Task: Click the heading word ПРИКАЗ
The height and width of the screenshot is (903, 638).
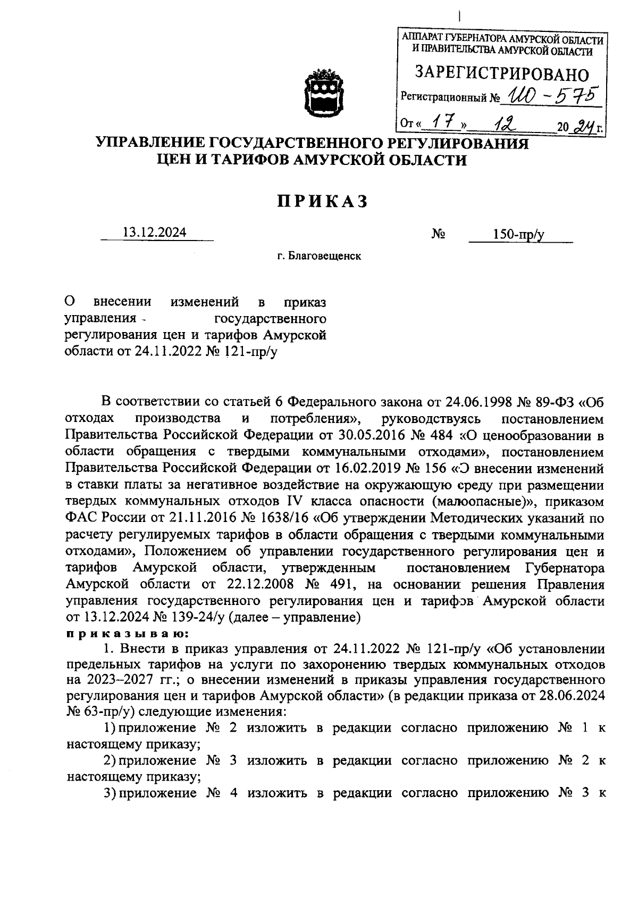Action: pos(322,202)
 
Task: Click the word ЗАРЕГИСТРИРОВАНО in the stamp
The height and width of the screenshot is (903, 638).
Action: pos(502,73)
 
